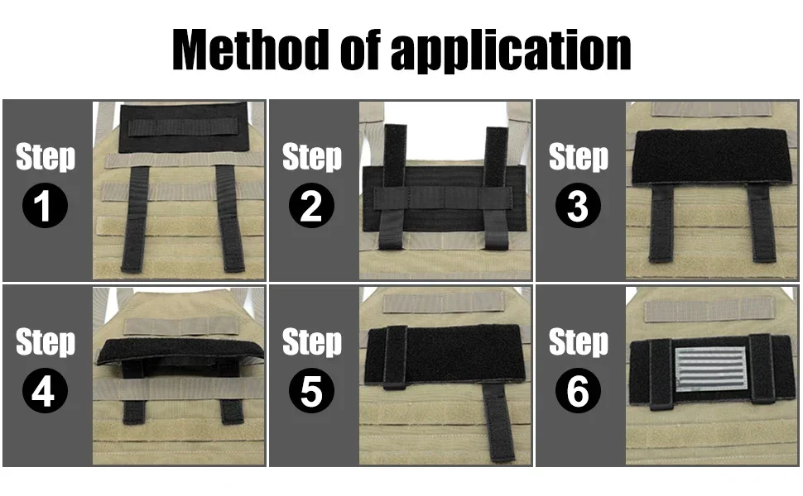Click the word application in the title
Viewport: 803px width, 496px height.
511,51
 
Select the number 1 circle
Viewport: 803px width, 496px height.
45,205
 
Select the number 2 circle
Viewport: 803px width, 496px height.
311,205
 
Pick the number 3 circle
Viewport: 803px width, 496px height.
578,205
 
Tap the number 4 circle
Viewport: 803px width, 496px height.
45,390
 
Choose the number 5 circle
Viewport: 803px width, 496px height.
311,390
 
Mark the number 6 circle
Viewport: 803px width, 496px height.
578,390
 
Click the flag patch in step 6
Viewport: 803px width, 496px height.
711,369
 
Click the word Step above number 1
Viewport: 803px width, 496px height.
45,157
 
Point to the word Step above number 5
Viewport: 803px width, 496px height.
311,342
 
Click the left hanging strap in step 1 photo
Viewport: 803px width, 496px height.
134,218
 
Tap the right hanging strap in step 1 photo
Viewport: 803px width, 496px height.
230,218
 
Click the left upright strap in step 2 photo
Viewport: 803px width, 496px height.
393,186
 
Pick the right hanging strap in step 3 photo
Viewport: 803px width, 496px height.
762,223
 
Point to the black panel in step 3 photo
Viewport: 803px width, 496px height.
710,156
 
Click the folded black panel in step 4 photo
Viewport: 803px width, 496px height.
180,353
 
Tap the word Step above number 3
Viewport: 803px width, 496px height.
578,157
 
